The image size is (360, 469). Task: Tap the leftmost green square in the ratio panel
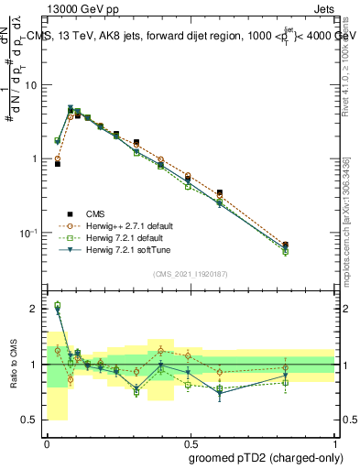57,306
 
